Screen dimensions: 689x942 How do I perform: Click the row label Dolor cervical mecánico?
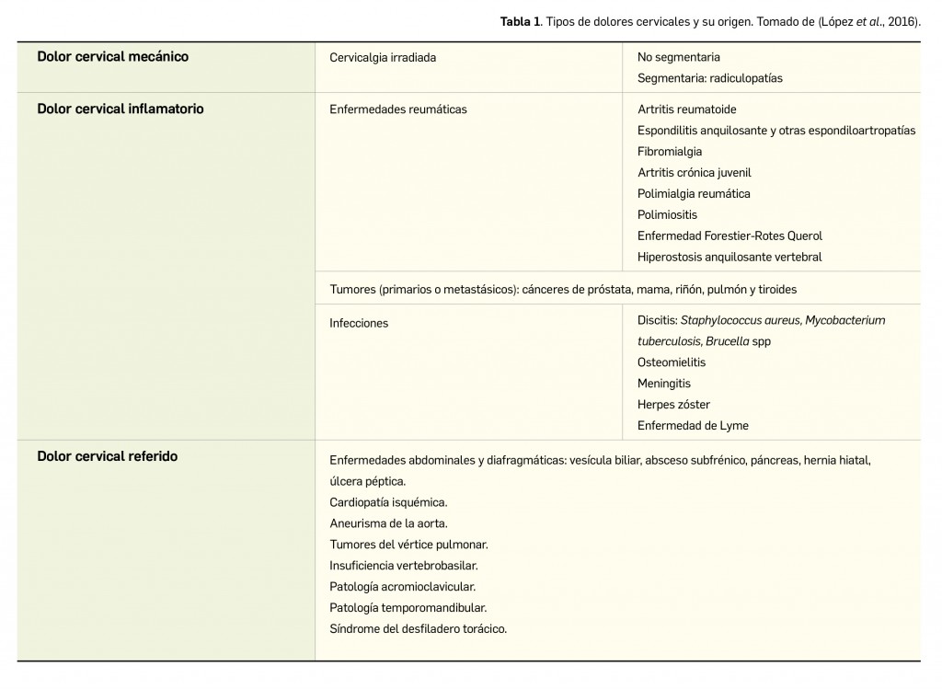[x=112, y=57]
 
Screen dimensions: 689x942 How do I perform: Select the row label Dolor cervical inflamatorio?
[x=121, y=109]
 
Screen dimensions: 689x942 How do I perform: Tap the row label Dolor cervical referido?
[x=108, y=456]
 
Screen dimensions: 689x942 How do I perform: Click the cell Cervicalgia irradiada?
[x=383, y=57]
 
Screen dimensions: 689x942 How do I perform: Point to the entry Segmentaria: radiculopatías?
[x=709, y=78]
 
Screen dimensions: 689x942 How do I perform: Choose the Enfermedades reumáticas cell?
[x=397, y=109]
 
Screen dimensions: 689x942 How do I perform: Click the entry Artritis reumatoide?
[x=686, y=109]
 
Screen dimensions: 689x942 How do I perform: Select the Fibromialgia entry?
[x=669, y=152]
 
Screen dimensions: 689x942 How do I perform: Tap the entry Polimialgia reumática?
[x=694, y=194]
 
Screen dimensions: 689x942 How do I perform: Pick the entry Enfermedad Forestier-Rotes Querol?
[x=729, y=236]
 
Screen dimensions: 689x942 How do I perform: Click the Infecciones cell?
[x=359, y=324]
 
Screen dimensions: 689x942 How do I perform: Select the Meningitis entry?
[x=663, y=384]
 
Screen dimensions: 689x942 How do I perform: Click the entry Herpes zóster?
[x=673, y=405]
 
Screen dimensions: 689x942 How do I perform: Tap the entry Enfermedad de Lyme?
[x=693, y=426]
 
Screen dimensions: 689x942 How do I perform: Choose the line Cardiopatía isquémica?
[x=388, y=502]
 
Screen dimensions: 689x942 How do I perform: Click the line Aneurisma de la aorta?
[x=388, y=523]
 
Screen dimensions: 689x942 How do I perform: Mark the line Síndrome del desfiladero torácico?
[x=418, y=629]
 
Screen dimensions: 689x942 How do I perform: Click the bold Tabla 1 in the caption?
[x=520, y=22]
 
